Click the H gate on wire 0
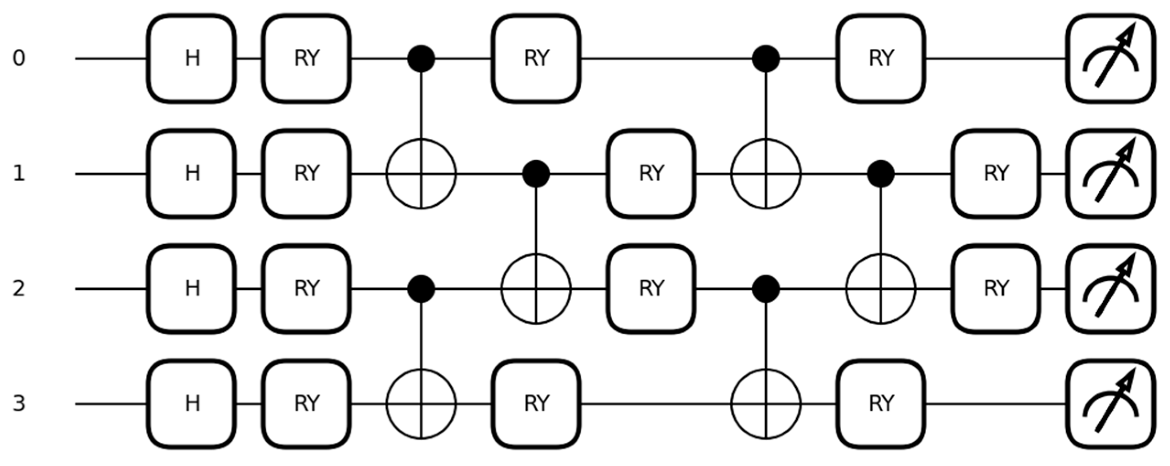click(192, 59)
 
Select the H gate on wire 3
click(192, 404)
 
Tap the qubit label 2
click(18, 289)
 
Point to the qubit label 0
click(18, 59)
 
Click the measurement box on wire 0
click(1111, 59)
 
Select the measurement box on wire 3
click(1111, 404)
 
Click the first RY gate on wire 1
click(307, 174)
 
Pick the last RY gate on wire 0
click(881, 59)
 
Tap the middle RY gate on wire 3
click(536, 404)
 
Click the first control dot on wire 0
click(421, 59)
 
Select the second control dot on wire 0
click(766, 59)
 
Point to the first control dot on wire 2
click(421, 289)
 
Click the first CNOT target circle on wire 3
click(421, 404)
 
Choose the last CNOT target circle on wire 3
click(766, 404)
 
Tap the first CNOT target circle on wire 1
click(421, 174)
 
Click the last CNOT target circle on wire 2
click(881, 289)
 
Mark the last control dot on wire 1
click(881, 174)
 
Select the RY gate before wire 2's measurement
click(996, 289)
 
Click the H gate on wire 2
click(192, 289)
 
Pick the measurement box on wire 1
click(1111, 174)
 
